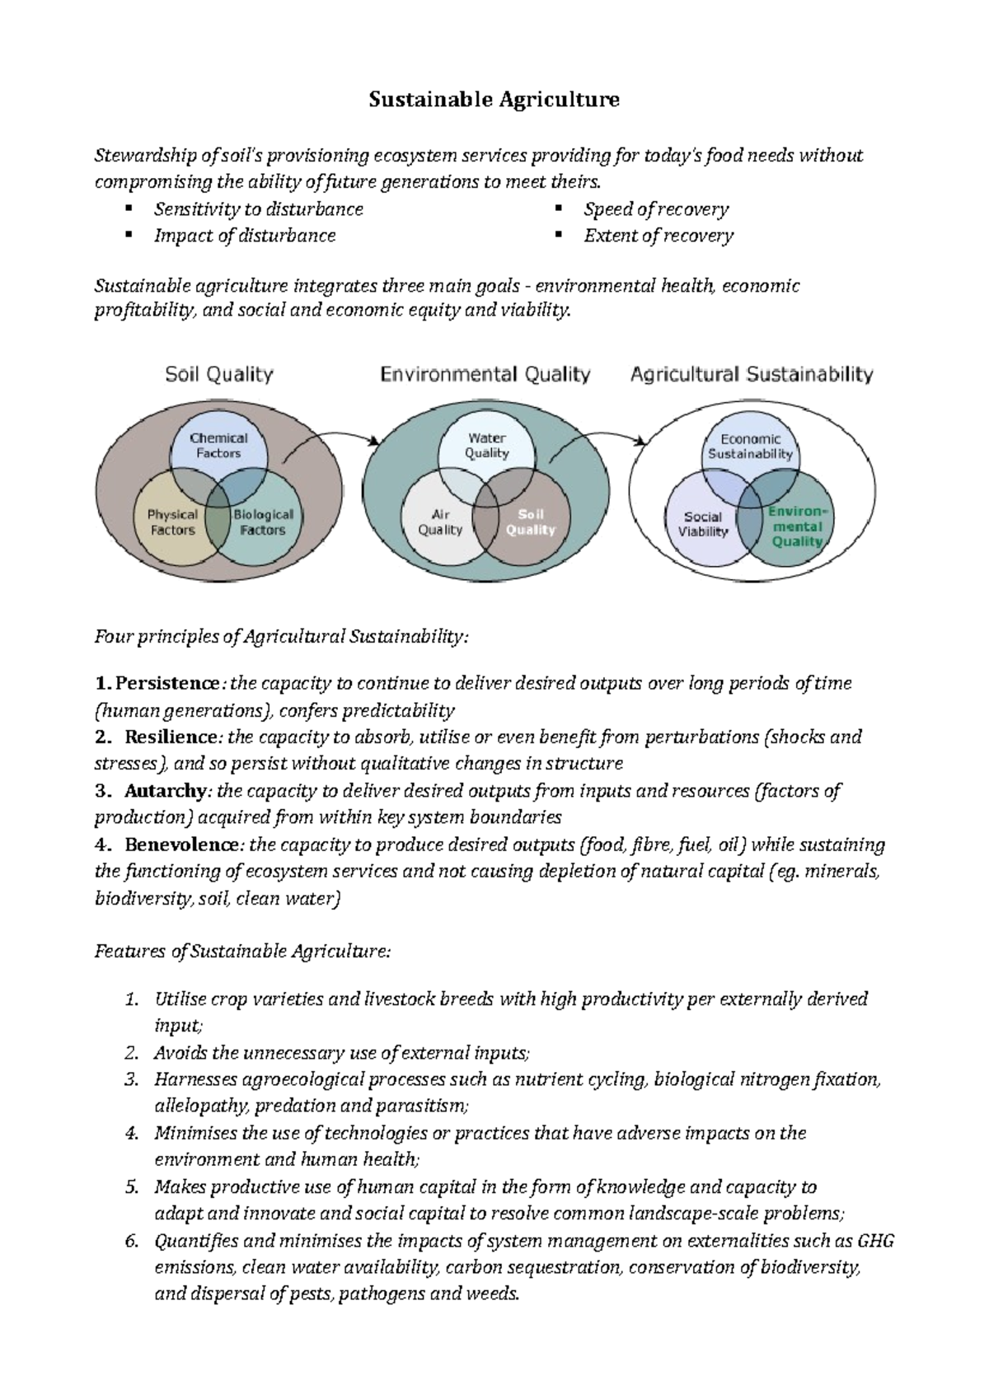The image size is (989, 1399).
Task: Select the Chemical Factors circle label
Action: point(218,446)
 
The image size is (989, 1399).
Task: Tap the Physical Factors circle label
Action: point(172,522)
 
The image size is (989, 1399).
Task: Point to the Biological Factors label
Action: point(263,522)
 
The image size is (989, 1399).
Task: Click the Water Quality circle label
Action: point(486,446)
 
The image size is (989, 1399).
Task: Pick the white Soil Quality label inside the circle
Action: point(531,522)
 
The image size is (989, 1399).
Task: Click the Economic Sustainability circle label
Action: point(750,447)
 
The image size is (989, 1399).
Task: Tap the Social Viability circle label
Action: point(703,524)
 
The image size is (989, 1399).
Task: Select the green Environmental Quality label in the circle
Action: point(796,526)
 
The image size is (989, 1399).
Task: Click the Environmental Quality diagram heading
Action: point(485,375)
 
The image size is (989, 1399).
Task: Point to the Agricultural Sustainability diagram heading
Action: point(751,375)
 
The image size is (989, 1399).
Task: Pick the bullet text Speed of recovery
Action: point(656,209)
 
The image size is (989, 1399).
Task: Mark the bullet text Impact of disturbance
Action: point(245,236)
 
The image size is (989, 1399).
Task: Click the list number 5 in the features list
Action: point(131,1187)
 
